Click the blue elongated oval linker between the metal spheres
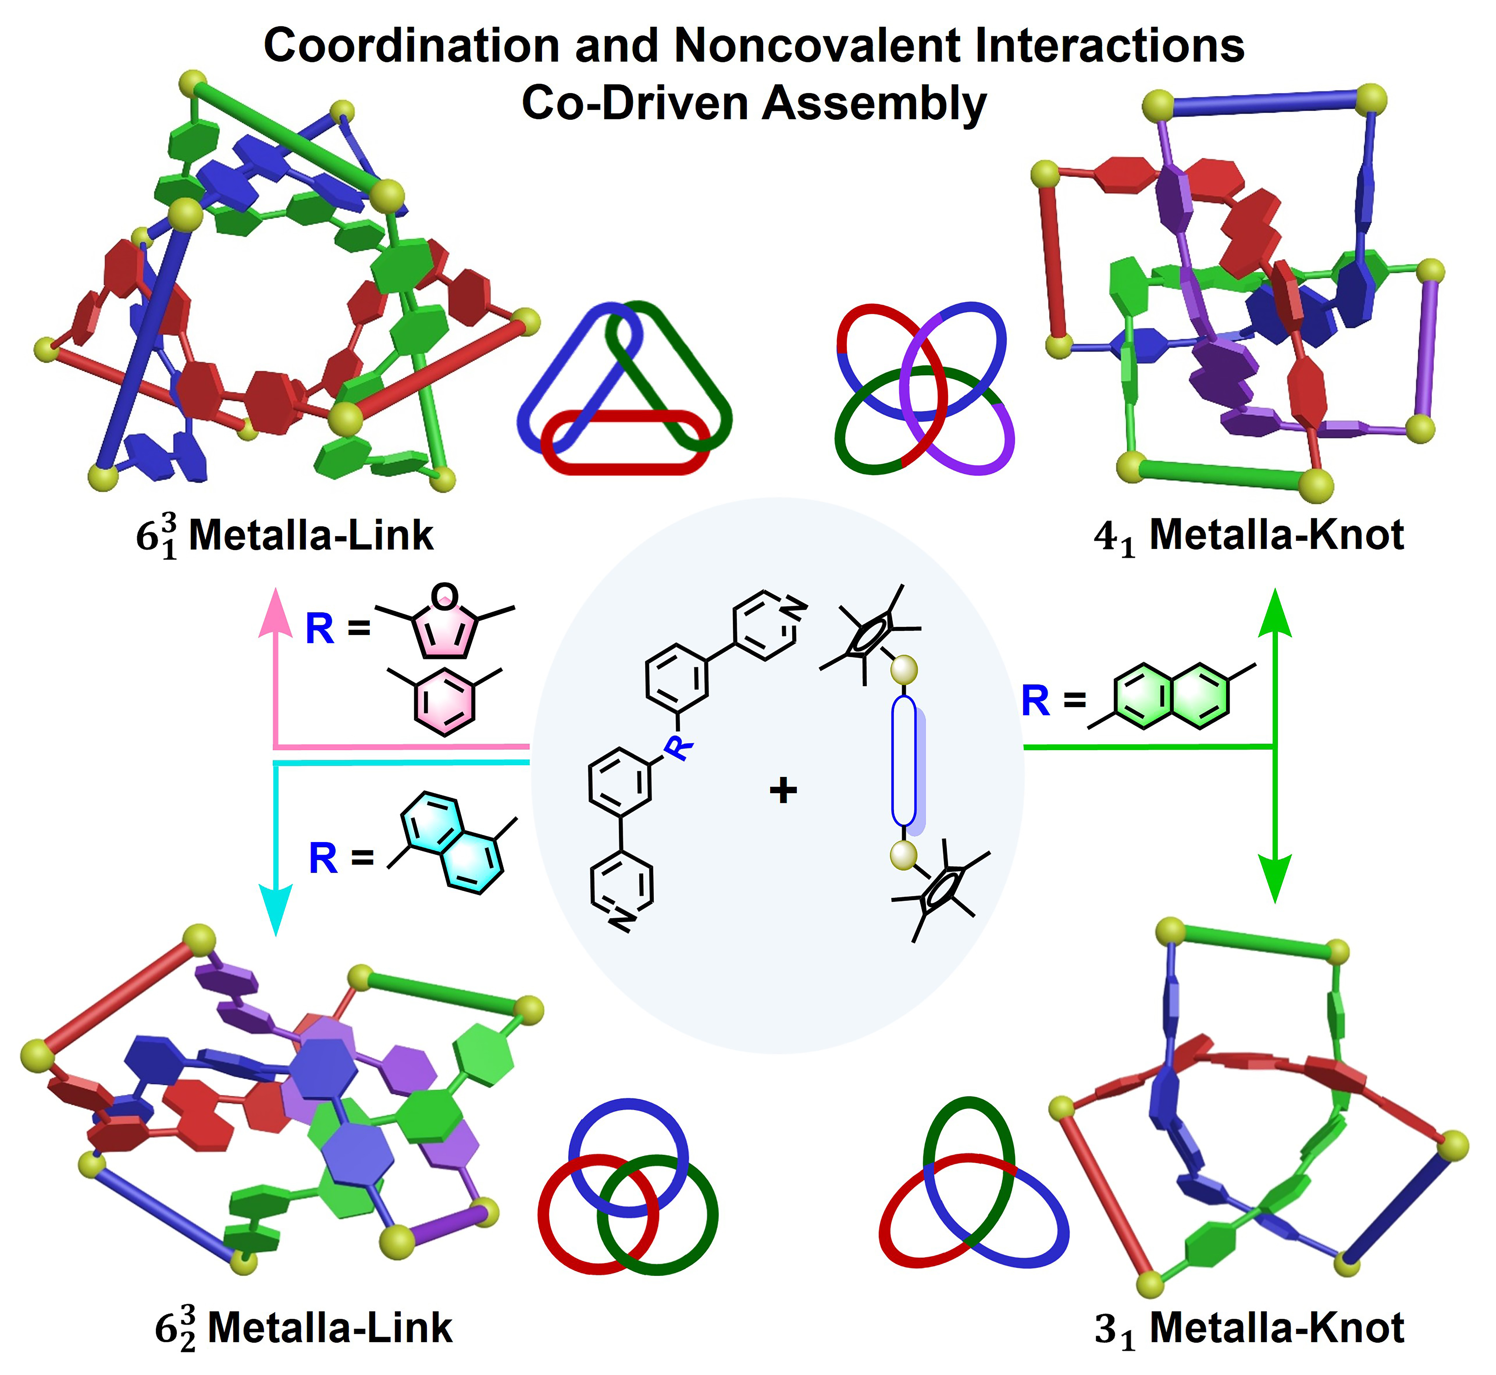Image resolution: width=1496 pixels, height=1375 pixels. [903, 761]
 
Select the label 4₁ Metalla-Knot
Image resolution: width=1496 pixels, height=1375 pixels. [1249, 536]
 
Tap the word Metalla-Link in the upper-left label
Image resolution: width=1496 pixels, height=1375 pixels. [311, 536]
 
